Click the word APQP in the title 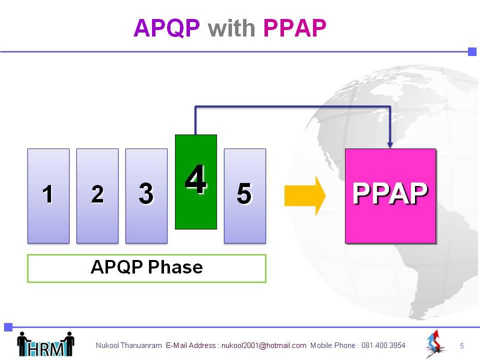click(166, 28)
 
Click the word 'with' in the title click(231, 28)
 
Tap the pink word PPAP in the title click(294, 28)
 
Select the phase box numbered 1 click(48, 196)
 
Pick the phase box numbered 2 click(97, 196)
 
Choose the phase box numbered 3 click(146, 196)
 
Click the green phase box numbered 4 click(196, 182)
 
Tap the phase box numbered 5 click(245, 196)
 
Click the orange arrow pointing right click(305, 196)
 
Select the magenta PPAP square click(390, 196)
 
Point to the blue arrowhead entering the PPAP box click(389, 145)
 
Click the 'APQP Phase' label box click(146, 268)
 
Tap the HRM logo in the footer click(45, 344)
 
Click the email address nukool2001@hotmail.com click(264, 345)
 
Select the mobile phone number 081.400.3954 click(383, 345)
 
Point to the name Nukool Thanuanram click(128, 345)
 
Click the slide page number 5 click(462, 346)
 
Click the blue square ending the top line click(472, 51)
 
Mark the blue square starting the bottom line click(8, 327)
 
